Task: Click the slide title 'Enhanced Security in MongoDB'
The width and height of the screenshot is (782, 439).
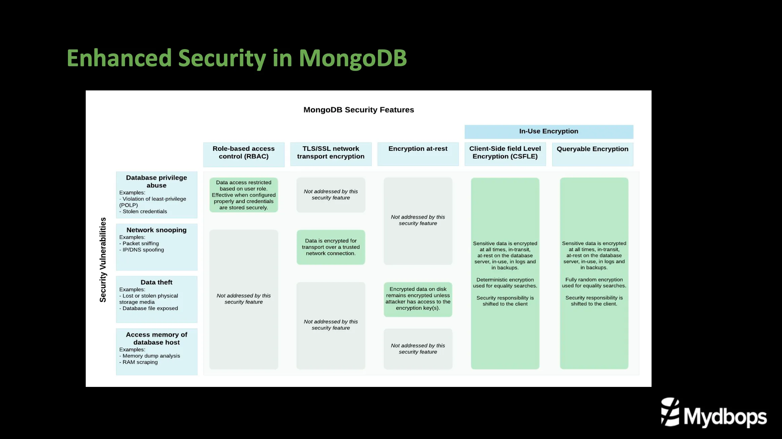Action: [x=237, y=58]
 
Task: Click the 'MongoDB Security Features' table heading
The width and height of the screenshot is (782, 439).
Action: [x=358, y=110]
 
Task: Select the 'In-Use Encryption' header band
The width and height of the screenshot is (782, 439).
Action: [x=549, y=131]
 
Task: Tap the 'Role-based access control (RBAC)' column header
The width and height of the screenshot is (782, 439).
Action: [x=243, y=153]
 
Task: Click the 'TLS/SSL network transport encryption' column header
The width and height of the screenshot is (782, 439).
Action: [x=330, y=153]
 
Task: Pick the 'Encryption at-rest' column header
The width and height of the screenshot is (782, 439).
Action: [x=418, y=149]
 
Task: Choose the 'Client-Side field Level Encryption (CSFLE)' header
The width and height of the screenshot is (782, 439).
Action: [x=505, y=153]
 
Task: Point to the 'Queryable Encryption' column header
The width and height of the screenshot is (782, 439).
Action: [x=592, y=149]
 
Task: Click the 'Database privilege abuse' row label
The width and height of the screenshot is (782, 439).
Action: [x=156, y=182]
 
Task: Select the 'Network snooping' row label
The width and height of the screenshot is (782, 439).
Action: [x=156, y=230]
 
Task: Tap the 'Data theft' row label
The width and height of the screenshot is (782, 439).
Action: [x=156, y=282]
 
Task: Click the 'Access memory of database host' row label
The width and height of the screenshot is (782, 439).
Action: [x=156, y=338]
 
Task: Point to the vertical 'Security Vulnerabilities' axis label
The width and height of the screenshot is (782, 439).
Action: [x=103, y=260]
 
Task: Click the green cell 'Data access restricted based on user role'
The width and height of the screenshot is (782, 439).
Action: [x=243, y=195]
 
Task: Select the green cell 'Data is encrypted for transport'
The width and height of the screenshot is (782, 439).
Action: [x=330, y=247]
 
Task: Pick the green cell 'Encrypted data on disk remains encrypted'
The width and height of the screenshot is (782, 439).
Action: [x=418, y=298]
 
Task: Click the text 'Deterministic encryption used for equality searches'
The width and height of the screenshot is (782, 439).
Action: [x=505, y=283]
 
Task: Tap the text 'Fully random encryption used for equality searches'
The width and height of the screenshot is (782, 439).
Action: [x=594, y=283]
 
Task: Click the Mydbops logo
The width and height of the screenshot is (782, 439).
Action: [x=713, y=413]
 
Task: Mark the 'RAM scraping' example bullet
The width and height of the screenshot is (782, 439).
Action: [x=140, y=362]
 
